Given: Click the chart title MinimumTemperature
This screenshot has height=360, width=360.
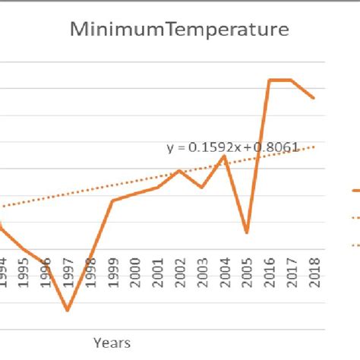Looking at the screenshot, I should [179, 30].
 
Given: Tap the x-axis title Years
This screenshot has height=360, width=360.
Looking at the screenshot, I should [112, 343].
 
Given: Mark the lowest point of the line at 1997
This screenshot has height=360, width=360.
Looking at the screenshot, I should [68, 310].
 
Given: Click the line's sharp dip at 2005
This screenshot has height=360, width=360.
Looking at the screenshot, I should [246, 232].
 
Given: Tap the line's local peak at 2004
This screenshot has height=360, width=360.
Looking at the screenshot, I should [224, 156].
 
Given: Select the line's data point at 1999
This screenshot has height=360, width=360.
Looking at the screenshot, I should [112, 201].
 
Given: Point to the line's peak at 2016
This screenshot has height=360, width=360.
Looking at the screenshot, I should [269, 80].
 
